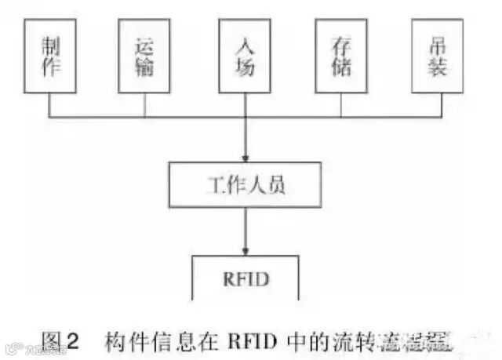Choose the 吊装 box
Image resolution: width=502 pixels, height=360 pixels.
pyautogui.click(x=441, y=56)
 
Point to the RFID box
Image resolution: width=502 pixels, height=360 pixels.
pyautogui.click(x=246, y=278)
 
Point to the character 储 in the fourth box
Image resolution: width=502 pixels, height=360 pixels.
pyautogui.click(x=343, y=67)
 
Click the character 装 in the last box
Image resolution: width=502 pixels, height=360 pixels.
pyautogui.click(x=441, y=67)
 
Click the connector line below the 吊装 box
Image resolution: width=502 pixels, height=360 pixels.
pyautogui.click(x=441, y=106)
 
